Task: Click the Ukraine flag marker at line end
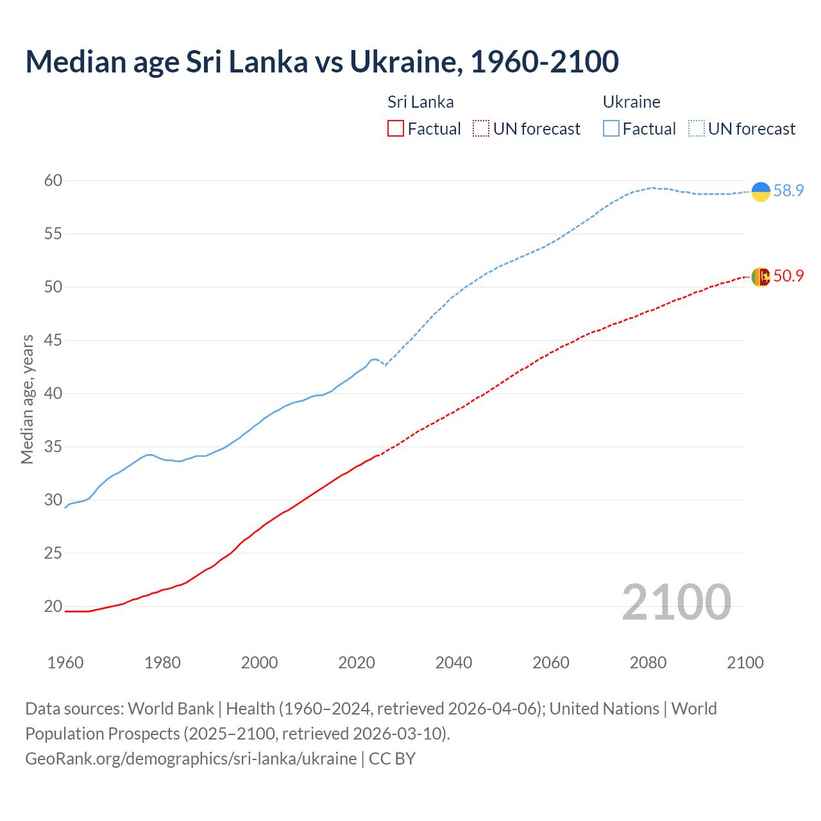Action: (x=761, y=191)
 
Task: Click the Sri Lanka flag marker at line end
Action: (x=761, y=276)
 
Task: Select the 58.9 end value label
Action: (x=788, y=191)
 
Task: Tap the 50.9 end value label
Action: (x=788, y=276)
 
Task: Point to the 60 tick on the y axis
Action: (x=53, y=181)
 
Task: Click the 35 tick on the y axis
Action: (x=53, y=446)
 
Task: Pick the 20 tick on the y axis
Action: (x=53, y=606)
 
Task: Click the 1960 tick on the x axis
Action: (x=65, y=663)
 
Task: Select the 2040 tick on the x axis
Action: (x=453, y=663)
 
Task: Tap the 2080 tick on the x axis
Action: (x=648, y=663)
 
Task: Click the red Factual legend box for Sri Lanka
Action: (x=396, y=129)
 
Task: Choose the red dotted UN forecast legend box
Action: (x=481, y=129)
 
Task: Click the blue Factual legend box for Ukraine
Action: (x=611, y=129)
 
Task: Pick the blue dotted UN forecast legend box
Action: (x=697, y=129)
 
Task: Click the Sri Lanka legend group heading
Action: (x=421, y=102)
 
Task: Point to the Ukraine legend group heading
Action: (x=632, y=102)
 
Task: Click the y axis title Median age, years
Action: (x=27, y=399)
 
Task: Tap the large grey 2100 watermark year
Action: (x=676, y=602)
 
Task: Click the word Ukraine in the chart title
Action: (x=405, y=62)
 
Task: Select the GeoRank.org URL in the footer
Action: (x=190, y=758)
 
